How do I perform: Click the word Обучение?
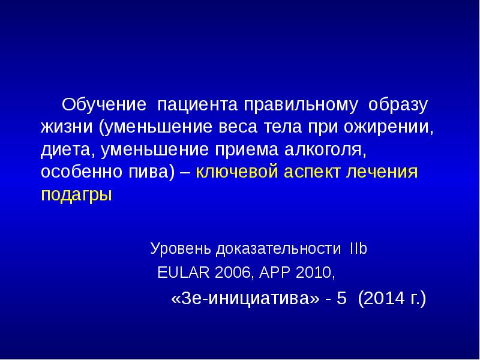104,106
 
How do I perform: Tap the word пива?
150,173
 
